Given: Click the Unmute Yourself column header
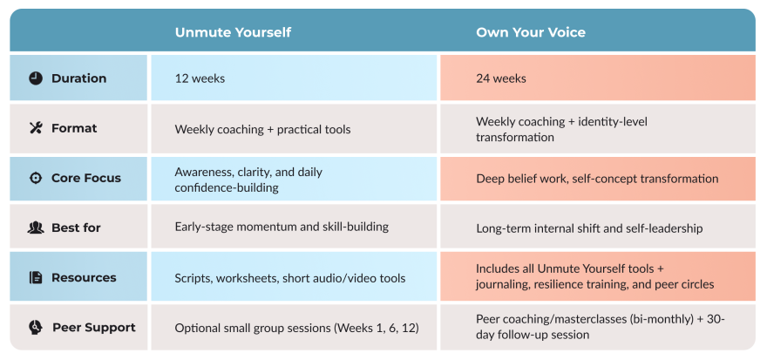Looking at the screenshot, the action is pyautogui.click(x=233, y=32).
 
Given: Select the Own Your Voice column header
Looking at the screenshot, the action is pyautogui.click(x=531, y=32).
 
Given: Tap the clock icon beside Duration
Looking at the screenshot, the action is pyautogui.click(x=36, y=78).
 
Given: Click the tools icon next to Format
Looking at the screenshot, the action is pyautogui.click(x=36, y=128).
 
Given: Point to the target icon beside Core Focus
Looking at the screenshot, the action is pyautogui.click(x=36, y=178).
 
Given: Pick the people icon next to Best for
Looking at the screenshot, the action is pyautogui.click(x=36, y=228).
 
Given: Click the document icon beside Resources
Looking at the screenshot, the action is pyautogui.click(x=36, y=277).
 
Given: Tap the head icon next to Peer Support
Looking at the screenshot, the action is pyautogui.click(x=36, y=327).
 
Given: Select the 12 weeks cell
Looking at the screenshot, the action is pyautogui.click(x=294, y=78).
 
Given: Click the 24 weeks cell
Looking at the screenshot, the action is pyautogui.click(x=598, y=78).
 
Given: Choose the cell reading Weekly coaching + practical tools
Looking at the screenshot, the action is pyautogui.click(x=294, y=129).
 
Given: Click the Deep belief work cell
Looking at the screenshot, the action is pyautogui.click(x=598, y=179).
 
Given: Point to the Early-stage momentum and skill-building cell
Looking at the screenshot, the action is pyautogui.click(x=294, y=227).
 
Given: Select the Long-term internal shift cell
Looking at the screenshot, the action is pyautogui.click(x=598, y=227).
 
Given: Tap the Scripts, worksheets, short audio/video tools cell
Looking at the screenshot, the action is pyautogui.click(x=294, y=277).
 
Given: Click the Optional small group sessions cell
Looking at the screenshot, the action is pyautogui.click(x=294, y=327).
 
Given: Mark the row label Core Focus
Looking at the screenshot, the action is pyautogui.click(x=86, y=178).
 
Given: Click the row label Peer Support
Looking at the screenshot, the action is pyautogui.click(x=94, y=327).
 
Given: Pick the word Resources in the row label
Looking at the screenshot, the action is pyautogui.click(x=85, y=277).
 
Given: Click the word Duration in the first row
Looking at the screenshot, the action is pyautogui.click(x=78, y=78).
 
